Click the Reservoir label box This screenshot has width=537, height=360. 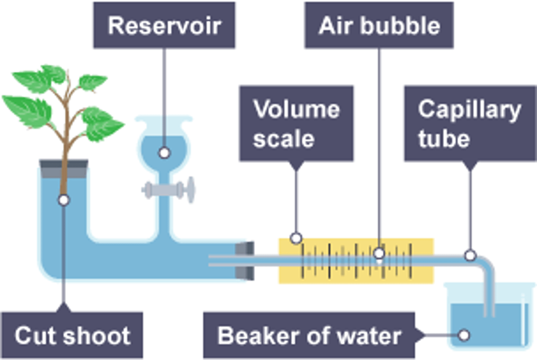(164, 25)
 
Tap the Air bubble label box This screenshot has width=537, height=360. (379, 25)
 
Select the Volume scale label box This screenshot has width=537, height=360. (296, 124)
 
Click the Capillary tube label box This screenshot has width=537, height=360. (470, 124)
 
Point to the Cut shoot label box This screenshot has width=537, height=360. (72, 335)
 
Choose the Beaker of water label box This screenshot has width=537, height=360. (309, 335)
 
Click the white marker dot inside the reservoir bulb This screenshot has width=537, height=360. (164, 153)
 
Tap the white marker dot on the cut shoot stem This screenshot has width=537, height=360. (64, 200)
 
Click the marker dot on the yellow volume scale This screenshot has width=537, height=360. (296, 238)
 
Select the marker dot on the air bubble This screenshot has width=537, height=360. (379, 253)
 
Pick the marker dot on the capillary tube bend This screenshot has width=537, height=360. (470, 256)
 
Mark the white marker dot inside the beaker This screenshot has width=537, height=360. (464, 335)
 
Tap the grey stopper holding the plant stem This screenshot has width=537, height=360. (64, 170)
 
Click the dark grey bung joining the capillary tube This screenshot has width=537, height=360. (245, 261)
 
